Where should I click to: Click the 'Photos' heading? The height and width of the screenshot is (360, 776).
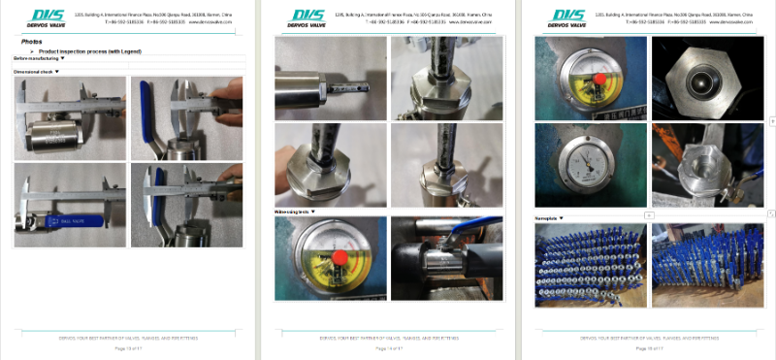tap(31, 42)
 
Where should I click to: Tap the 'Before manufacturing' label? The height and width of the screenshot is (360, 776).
tap(37, 58)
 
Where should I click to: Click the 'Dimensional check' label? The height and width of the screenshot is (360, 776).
tap(34, 72)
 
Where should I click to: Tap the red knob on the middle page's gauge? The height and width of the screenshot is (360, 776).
tap(340, 257)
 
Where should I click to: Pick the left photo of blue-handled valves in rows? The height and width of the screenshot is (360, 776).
tap(590, 264)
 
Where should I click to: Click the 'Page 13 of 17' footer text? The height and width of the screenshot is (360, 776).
tap(129, 347)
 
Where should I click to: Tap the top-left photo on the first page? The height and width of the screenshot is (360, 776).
tap(70, 117)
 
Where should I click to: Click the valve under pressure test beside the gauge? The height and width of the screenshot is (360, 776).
tap(446, 257)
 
